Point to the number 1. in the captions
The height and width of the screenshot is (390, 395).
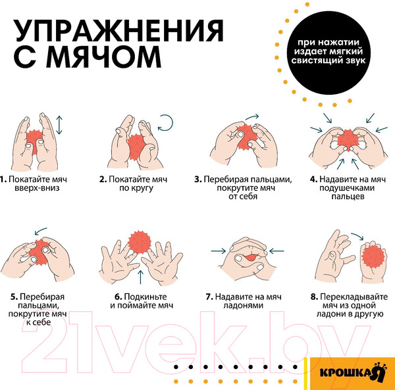(3, 179)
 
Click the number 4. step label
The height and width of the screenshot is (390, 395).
(313, 179)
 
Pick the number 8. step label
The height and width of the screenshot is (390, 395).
(314, 296)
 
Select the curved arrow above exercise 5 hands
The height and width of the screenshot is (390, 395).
(41, 231)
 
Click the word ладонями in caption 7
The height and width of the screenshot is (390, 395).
(240, 305)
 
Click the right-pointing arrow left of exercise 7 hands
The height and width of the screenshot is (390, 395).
(217, 250)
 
